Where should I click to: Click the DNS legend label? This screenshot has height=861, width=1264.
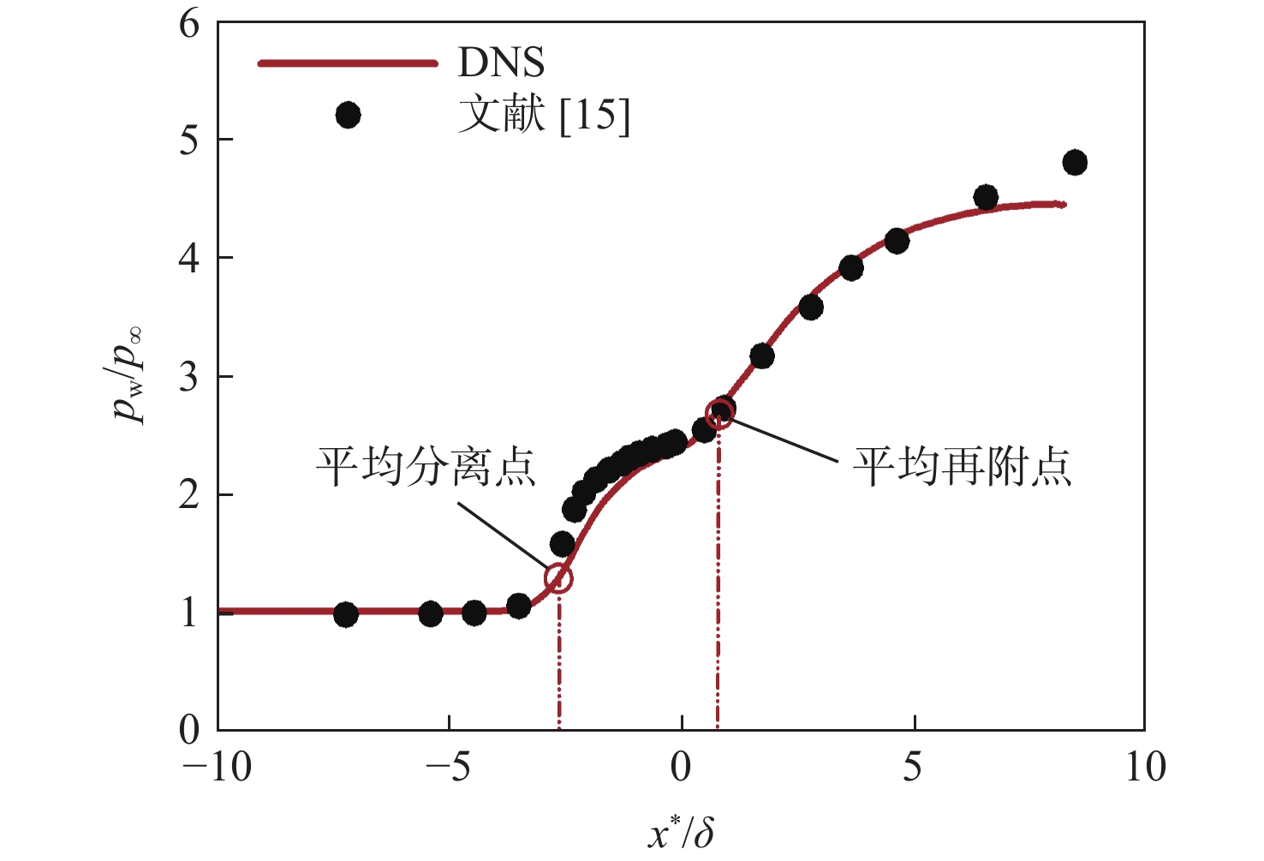tap(501, 63)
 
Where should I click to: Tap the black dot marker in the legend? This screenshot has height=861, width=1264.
tap(348, 115)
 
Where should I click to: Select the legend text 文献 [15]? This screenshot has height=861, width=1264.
tap(544, 115)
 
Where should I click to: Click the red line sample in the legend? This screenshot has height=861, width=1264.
tap(348, 63)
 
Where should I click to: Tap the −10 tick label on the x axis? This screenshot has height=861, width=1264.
tap(218, 767)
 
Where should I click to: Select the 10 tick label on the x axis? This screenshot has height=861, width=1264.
tap(1145, 767)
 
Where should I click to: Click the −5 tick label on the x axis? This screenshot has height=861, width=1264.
tap(449, 767)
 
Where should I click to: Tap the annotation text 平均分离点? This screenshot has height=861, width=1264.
tap(426, 467)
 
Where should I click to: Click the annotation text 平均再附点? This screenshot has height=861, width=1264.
tap(962, 467)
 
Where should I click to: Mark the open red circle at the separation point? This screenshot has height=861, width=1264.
tap(558, 579)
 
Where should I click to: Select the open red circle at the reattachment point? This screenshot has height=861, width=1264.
tap(719, 415)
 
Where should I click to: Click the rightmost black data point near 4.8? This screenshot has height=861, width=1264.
tap(1075, 162)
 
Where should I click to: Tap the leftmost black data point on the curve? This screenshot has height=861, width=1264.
tap(346, 614)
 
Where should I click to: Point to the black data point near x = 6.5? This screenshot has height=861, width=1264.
tap(986, 198)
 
